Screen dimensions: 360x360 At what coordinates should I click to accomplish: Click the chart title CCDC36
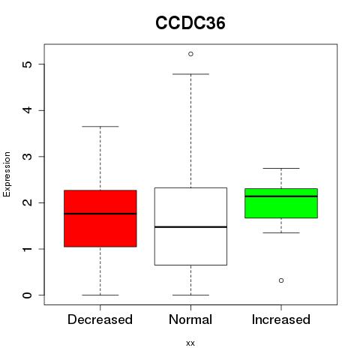click(x=190, y=23)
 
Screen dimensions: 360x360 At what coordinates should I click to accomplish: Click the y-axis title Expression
click(x=7, y=174)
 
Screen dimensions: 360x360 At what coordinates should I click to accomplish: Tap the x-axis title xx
click(x=190, y=343)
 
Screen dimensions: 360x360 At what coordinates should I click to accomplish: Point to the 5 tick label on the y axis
click(x=28, y=64)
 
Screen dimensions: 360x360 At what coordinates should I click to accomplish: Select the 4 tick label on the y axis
click(x=28, y=110)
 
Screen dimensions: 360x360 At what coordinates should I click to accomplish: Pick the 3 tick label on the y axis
click(x=28, y=157)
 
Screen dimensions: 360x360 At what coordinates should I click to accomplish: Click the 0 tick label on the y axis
click(x=28, y=295)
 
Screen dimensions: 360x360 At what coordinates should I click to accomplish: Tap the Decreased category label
click(x=100, y=319)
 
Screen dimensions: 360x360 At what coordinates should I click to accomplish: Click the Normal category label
click(x=190, y=319)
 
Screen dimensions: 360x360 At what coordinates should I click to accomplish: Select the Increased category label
click(x=281, y=319)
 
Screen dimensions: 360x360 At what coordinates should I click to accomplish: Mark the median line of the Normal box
click(x=190, y=227)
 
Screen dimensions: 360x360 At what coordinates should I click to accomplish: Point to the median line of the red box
click(x=100, y=214)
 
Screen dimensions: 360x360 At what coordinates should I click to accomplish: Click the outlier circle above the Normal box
click(x=190, y=54)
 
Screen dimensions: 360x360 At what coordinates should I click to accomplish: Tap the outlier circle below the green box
click(x=281, y=280)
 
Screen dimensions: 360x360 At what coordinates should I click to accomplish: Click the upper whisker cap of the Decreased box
click(x=100, y=127)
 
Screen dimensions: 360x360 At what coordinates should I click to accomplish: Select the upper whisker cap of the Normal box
click(x=190, y=74)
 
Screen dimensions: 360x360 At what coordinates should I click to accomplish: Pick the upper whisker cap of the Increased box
click(x=281, y=168)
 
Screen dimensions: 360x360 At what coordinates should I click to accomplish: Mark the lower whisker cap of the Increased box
click(x=281, y=232)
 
